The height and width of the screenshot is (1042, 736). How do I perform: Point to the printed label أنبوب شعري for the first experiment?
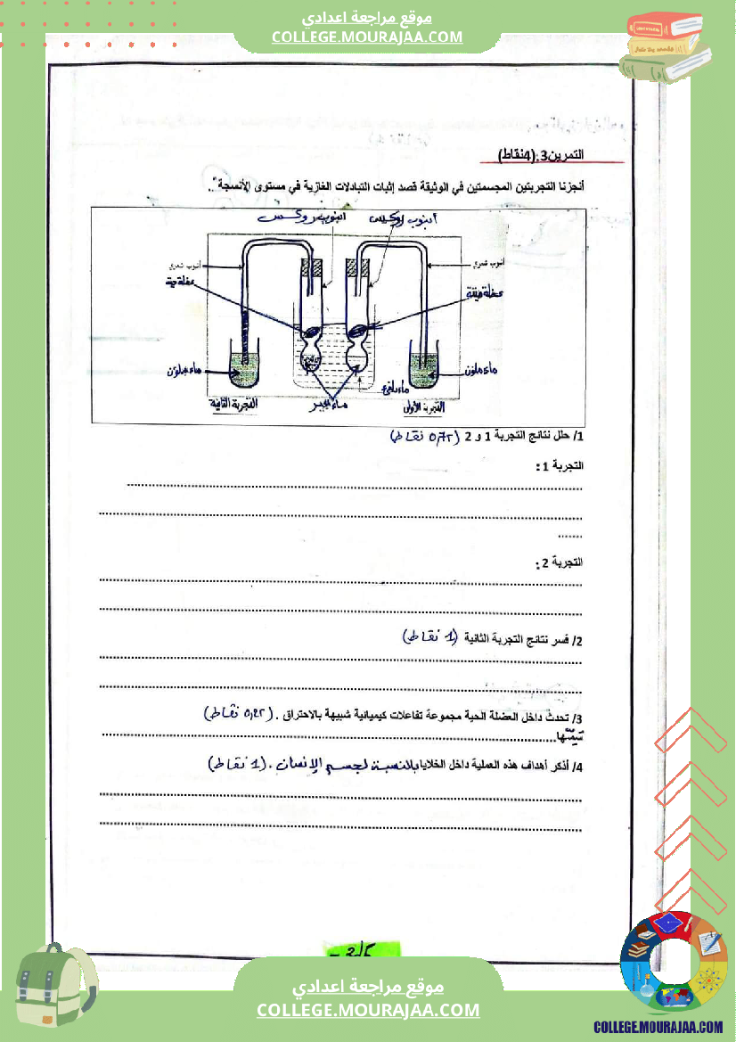pyautogui.click(x=489, y=263)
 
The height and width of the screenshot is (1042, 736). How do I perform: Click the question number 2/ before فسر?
pyautogui.click(x=577, y=641)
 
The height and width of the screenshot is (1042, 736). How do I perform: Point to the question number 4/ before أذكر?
pyautogui.click(x=577, y=767)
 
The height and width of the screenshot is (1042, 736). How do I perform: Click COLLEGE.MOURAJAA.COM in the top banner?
pyautogui.click(x=367, y=37)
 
